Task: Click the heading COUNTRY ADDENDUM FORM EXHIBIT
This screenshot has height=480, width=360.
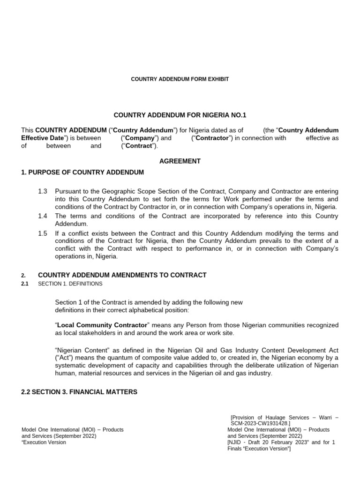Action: [180, 79]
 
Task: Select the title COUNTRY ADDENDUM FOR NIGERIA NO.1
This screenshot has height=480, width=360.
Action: [180, 115]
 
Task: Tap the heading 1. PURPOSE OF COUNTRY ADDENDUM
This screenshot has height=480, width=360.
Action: [82, 172]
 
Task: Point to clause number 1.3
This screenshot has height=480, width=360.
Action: [43, 192]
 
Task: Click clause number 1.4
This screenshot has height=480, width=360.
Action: [43, 216]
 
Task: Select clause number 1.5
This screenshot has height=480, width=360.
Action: [43, 233]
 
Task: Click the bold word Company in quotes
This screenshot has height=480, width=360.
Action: [140, 138]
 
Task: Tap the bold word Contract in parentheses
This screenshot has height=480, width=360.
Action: [140, 146]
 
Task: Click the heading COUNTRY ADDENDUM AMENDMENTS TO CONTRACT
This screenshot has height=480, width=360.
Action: [122, 275]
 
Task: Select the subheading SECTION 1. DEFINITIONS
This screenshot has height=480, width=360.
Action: [70, 284]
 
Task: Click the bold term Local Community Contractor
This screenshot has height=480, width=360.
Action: [103, 325]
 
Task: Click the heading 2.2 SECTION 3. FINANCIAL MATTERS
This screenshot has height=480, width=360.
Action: [79, 391]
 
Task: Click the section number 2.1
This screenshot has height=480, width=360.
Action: [25, 284]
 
